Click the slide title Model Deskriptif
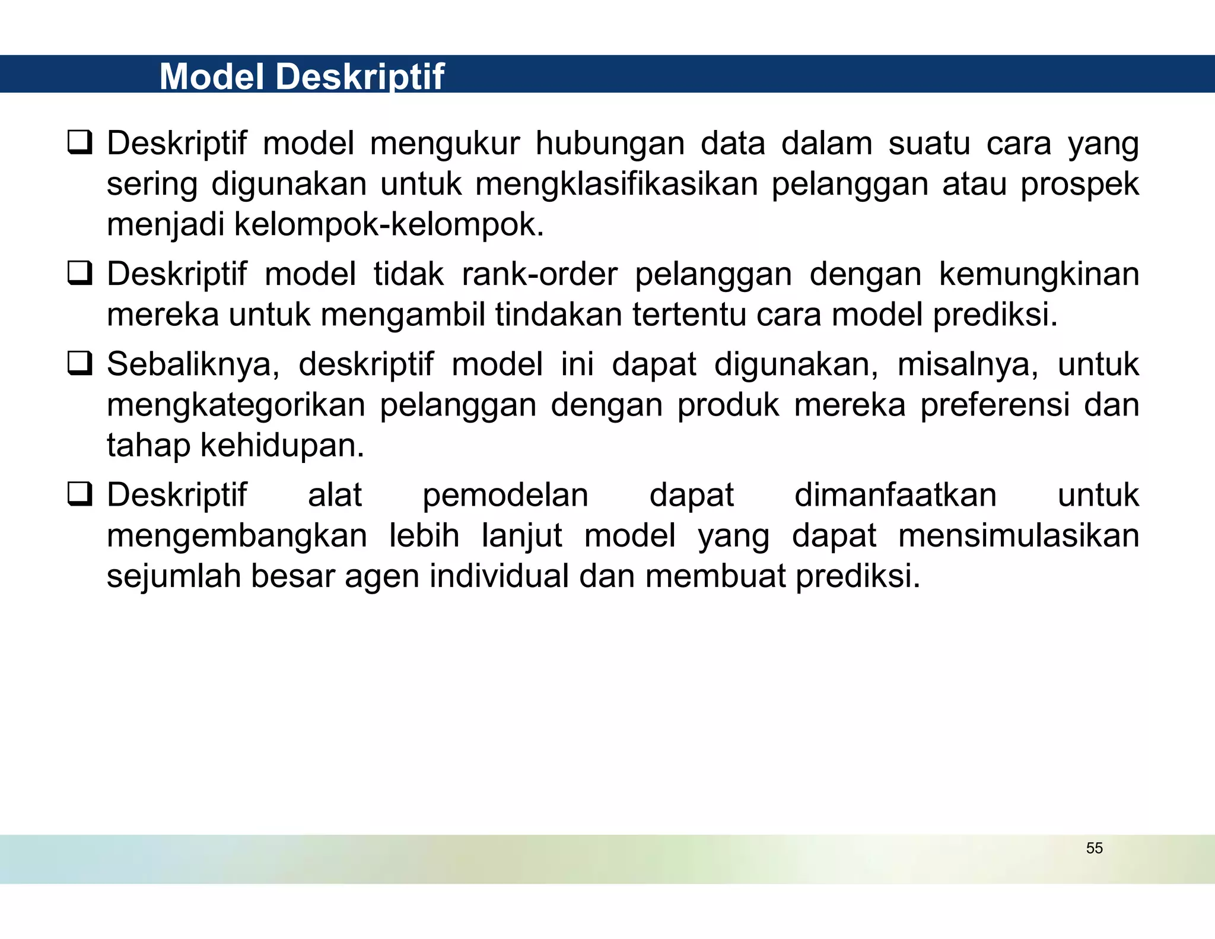click(x=301, y=76)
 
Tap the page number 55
click(x=1094, y=848)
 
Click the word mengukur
click(x=444, y=144)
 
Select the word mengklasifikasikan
click(x=616, y=185)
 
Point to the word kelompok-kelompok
click(x=388, y=225)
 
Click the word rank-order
click(x=539, y=275)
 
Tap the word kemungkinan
click(x=1039, y=275)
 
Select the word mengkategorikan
click(x=236, y=406)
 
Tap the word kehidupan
click(x=282, y=446)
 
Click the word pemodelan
click(x=505, y=496)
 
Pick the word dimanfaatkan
click(x=895, y=496)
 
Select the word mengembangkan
click(x=237, y=537)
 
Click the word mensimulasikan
click(x=1018, y=536)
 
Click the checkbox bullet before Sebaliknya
click(x=79, y=363)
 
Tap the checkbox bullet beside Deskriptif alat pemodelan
click(x=79, y=494)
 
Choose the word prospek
click(x=1079, y=185)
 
